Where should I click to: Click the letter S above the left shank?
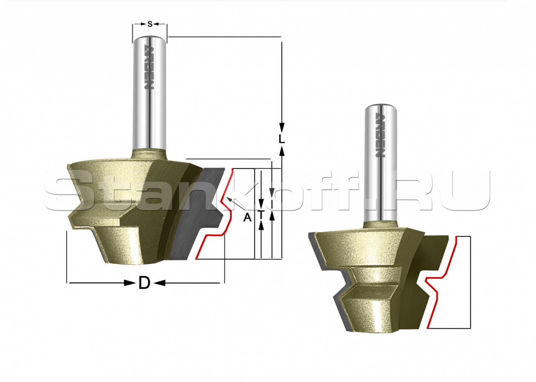click(150, 24)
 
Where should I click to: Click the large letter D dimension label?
click(144, 283)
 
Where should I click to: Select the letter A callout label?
click(247, 217)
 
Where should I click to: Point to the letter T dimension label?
click(261, 215)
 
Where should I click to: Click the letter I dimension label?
click(272, 204)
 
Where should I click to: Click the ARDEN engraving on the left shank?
click(149, 67)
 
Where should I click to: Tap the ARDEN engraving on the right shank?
click(380, 135)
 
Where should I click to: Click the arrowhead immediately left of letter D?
click(129, 283)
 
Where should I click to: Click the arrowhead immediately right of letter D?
click(160, 283)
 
